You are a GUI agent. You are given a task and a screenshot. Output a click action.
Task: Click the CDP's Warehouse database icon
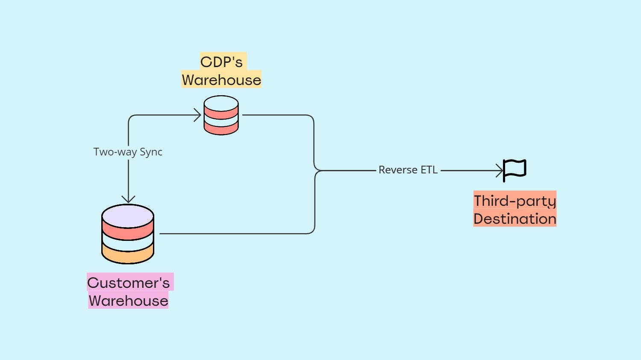tap(221, 115)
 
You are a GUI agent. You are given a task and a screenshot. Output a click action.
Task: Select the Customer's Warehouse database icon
tap(128, 234)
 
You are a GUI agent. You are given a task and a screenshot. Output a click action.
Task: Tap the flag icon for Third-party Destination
tap(515, 170)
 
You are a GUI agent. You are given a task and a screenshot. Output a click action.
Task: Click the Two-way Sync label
tap(128, 152)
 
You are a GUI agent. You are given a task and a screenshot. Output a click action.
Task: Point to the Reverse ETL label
tap(408, 170)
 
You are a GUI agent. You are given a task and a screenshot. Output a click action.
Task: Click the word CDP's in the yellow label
tap(221, 62)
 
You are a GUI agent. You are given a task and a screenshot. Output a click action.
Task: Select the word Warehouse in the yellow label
tap(221, 80)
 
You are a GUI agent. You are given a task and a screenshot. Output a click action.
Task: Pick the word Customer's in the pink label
tap(129, 283)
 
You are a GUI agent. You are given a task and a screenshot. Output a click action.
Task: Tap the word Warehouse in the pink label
tap(129, 301)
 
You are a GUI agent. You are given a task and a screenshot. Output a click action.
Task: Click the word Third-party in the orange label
tap(515, 201)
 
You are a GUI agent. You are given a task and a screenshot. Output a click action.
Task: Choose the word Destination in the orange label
tap(515, 219)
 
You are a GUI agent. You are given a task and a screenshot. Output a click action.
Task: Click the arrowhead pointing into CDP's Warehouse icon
tap(198, 115)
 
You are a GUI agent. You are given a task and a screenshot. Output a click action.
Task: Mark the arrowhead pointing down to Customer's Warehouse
tap(128, 199)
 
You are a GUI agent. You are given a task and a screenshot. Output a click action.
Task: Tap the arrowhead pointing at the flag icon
tap(500, 170)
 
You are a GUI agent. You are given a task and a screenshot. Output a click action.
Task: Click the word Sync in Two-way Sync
tap(151, 152)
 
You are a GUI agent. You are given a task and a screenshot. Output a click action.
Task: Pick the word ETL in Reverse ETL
tap(429, 170)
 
